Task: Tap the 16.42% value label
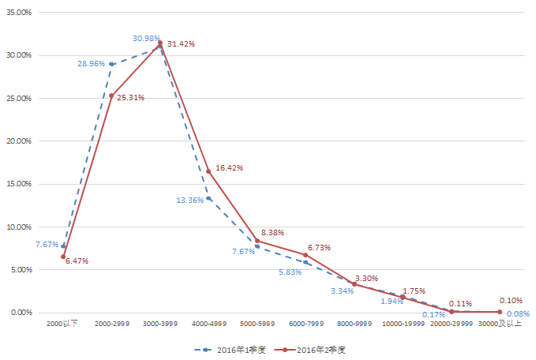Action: point(229,168)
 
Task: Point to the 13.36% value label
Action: point(191,200)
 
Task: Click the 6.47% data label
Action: point(77,261)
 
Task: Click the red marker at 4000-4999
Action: point(208,171)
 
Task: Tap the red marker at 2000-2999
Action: point(111,96)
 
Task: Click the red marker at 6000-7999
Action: point(305,255)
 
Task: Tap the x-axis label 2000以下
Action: point(62,324)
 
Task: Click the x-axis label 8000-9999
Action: point(354,324)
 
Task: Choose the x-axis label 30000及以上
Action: point(500,324)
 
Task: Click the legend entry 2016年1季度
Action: point(234,348)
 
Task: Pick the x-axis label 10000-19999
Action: point(403,324)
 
